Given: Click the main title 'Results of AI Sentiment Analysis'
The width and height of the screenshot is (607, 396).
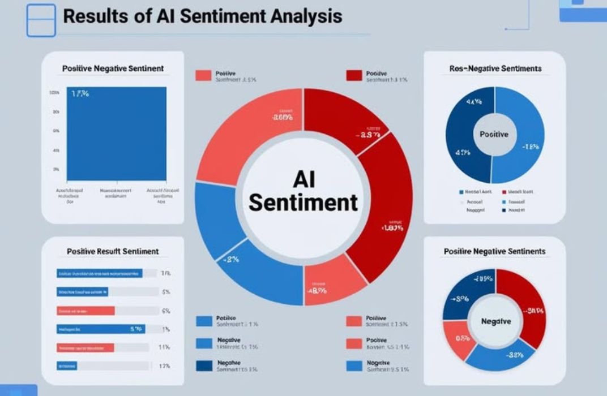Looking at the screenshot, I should coord(202,16).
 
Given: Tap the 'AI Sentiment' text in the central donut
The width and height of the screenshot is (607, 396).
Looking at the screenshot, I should coord(303,191).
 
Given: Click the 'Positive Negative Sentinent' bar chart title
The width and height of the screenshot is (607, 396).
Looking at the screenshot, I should coord(113,68).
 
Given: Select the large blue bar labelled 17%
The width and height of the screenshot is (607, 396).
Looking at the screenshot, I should coord(117,134).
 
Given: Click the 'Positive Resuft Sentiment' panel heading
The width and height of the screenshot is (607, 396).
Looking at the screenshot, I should coord(113,251).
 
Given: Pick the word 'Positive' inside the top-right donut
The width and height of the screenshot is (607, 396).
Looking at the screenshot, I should coord(494,135).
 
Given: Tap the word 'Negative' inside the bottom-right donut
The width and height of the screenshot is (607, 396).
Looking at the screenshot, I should coord(495,321).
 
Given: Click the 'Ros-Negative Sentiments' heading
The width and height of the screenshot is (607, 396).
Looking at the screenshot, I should coord(495,68).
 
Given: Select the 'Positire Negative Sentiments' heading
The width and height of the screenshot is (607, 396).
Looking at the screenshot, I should coord(494,251).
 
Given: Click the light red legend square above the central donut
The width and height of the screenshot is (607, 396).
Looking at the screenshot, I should coord(203,75).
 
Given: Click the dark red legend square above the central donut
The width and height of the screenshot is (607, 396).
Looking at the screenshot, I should coord(353,75).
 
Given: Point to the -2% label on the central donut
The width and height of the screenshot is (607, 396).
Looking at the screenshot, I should coord(232,260).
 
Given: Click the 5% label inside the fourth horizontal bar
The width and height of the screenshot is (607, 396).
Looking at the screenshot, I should coord(136,329).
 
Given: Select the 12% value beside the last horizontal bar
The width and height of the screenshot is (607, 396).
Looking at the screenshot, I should coord(165,366).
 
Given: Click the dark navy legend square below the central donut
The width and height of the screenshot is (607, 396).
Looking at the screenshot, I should coord(203,365).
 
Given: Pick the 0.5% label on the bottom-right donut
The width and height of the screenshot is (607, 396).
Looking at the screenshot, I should coord(462,339).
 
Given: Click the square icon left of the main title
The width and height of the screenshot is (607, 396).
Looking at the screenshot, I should coord(41,20).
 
